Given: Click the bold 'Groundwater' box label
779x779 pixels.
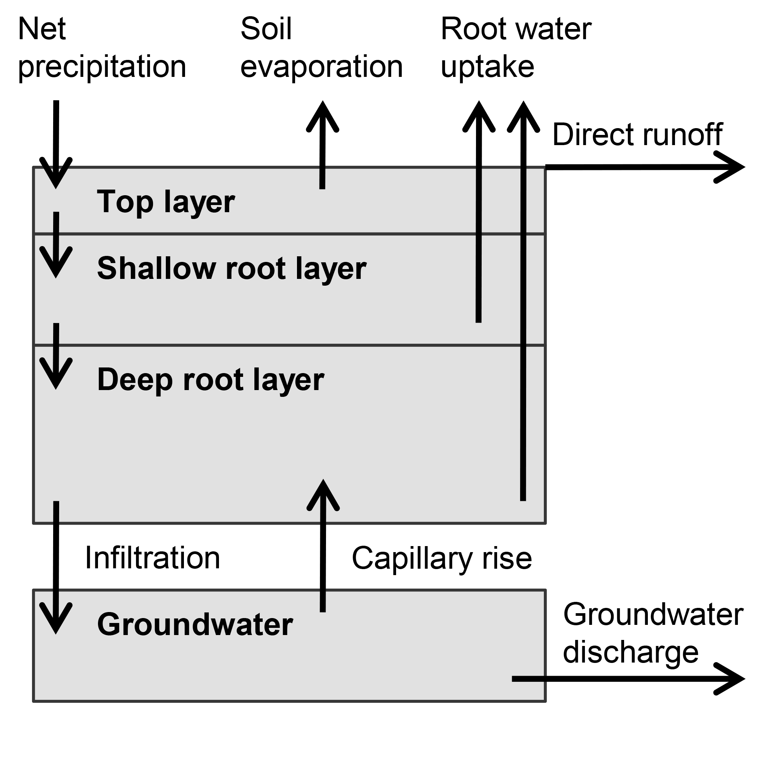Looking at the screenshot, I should pos(195,624).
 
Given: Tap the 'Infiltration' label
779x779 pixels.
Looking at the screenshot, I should pos(152,558).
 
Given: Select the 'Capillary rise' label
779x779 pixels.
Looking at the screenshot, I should pos(442,558).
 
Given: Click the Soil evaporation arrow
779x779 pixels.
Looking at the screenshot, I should pos(323,145).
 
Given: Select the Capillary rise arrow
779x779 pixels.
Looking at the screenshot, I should pos(323,544).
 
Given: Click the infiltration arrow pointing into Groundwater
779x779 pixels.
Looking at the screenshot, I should pos(56,565).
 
